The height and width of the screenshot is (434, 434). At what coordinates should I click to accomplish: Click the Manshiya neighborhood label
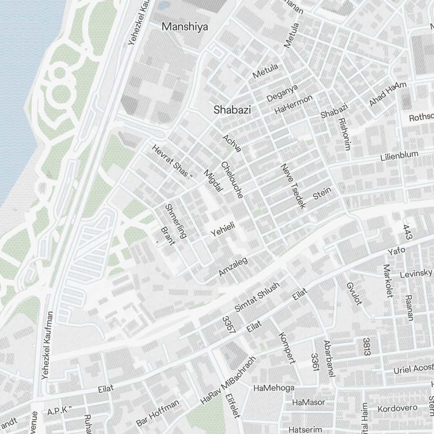pyautogui.click(x=184, y=27)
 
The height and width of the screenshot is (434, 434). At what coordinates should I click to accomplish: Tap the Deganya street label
pyautogui.click(x=282, y=93)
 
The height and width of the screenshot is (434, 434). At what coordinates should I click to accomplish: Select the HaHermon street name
pyautogui.click(x=293, y=105)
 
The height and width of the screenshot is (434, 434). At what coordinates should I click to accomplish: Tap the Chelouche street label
pyautogui.click(x=231, y=180)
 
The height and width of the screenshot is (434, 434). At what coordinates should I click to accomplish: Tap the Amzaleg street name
pyautogui.click(x=233, y=266)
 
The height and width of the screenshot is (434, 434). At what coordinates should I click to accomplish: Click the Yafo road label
pyautogui.click(x=396, y=252)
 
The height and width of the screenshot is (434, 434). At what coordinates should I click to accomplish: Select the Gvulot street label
pyautogui.click(x=354, y=293)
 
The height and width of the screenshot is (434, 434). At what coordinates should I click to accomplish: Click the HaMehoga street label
pyautogui.click(x=273, y=388)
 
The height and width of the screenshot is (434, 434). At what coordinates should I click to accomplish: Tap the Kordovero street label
pyautogui.click(x=397, y=408)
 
